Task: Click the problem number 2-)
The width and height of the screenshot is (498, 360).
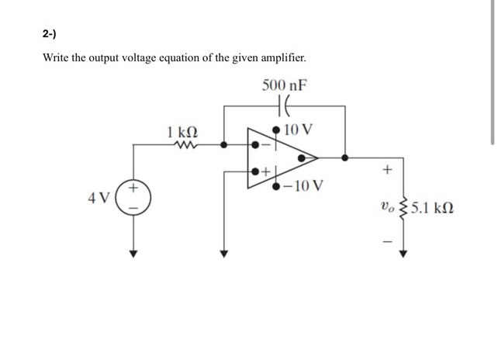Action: click(50, 34)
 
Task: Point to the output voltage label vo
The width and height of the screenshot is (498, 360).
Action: click(386, 207)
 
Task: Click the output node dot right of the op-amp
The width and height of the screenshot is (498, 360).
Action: click(345, 157)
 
